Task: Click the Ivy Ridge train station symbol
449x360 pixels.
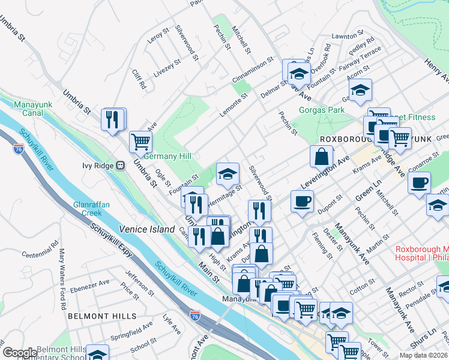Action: point(120,165)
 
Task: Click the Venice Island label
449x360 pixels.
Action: point(146,229)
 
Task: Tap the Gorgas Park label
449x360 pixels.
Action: point(322,110)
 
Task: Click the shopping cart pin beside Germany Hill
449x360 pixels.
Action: point(140,142)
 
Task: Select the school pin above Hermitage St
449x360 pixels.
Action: point(228,174)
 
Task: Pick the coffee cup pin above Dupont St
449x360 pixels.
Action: point(302,200)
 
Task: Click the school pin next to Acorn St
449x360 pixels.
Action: point(360,90)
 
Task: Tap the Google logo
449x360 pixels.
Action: point(20,353)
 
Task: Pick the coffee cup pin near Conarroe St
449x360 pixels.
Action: point(418,182)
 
